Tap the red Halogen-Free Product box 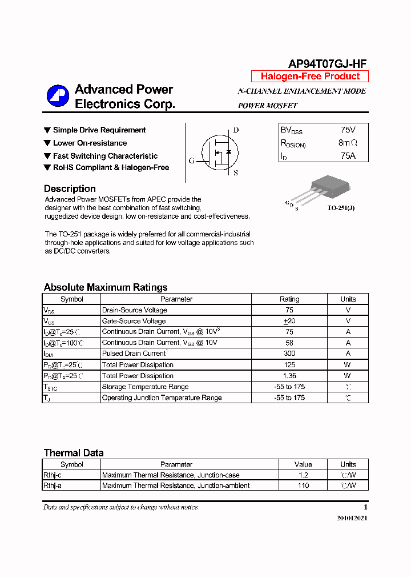click(310, 77)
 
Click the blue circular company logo click(58, 96)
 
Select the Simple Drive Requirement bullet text click(99, 130)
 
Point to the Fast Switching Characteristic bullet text click(105, 156)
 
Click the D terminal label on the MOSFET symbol click(236, 130)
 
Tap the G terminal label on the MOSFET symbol click(192, 160)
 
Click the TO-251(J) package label click(341, 208)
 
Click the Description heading click(70, 189)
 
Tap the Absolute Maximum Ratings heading click(106, 287)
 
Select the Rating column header click(289, 299)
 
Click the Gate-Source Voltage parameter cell click(134, 321)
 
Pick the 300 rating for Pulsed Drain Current click(289, 354)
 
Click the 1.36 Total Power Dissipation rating click(289, 376)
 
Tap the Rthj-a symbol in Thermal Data click(53, 485)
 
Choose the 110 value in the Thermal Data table click(303, 485)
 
